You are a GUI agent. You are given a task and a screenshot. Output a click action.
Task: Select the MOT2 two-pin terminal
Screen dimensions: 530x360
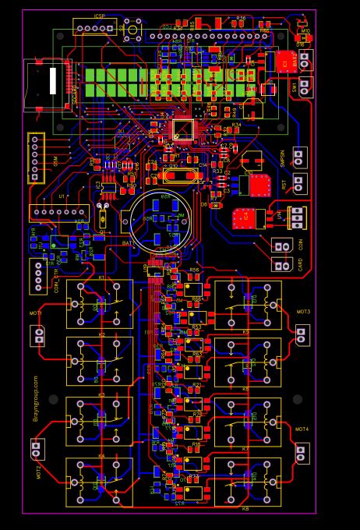pos(36,449)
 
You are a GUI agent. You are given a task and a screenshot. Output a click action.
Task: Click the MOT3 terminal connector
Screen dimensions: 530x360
pos(302,335)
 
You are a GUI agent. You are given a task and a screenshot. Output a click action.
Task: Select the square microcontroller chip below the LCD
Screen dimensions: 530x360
pos(182,129)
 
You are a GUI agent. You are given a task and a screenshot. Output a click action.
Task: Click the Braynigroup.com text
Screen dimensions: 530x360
pos(36,397)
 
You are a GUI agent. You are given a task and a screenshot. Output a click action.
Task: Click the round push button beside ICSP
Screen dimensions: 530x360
pos(132,31)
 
